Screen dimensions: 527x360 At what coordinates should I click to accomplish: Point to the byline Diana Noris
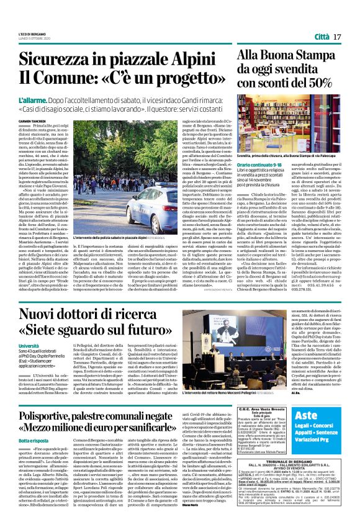click(207, 521)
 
